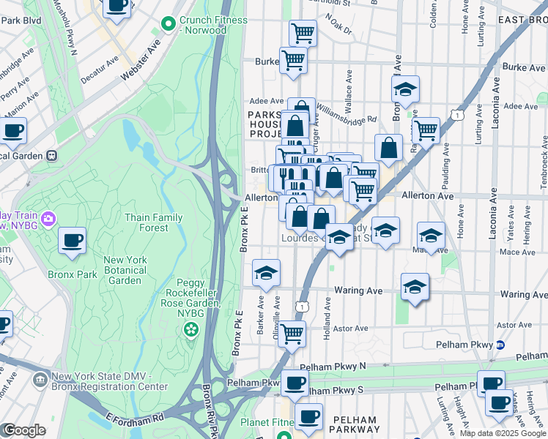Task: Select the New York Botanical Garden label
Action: pos(125,270)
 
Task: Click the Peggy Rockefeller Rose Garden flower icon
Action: pos(191,329)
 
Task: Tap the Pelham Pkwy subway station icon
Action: pos(500,344)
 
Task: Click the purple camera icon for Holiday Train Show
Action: pos(48,218)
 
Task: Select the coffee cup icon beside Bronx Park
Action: pos(73,241)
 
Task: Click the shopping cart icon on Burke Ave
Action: pos(293,61)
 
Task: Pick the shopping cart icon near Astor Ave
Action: pos(292,334)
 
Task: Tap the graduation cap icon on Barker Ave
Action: pos(266,273)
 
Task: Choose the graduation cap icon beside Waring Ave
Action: pos(415,286)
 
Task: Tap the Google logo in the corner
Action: pos(23,430)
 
